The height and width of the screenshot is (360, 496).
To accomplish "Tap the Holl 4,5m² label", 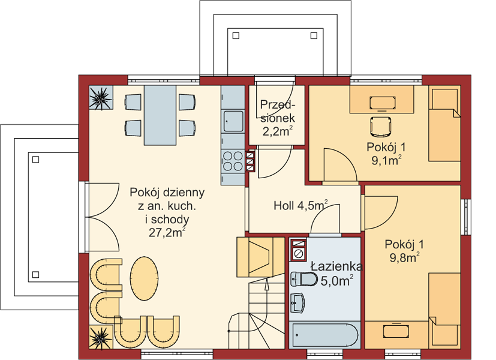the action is [300, 206].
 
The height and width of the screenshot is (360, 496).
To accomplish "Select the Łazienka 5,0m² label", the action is [336, 274].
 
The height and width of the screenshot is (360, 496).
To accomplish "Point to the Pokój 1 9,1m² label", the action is [386, 154].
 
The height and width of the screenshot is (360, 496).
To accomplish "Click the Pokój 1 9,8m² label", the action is [404, 251].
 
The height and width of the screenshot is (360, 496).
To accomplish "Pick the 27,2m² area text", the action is [167, 233].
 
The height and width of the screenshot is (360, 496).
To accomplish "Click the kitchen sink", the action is [233, 121].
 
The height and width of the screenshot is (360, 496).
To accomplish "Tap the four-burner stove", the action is [233, 161].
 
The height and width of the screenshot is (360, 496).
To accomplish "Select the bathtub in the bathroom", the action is [325, 335].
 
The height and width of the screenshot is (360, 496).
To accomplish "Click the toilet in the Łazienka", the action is [304, 280].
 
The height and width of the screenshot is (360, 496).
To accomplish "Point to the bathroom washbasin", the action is [297, 303].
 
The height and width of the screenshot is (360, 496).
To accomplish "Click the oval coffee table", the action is [145, 278].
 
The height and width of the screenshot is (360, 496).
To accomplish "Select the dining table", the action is [160, 115].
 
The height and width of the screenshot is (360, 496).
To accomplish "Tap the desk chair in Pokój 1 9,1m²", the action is [381, 127].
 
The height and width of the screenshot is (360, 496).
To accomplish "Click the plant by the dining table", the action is [101, 97].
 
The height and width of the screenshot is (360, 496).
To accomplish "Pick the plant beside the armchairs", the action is [101, 337].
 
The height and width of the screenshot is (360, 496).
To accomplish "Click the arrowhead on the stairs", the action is [267, 285].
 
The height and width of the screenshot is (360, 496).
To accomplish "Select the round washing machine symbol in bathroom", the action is [298, 253].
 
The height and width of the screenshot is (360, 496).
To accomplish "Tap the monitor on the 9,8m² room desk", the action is [395, 331].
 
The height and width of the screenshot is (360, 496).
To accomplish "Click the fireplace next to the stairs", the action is [261, 257].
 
